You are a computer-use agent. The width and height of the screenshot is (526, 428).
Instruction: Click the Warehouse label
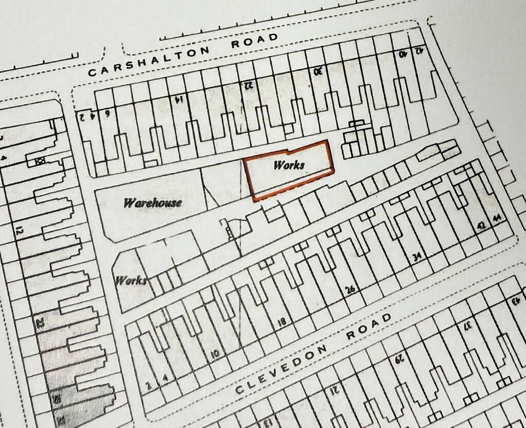(153, 203)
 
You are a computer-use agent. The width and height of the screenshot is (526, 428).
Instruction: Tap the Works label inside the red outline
(289, 165)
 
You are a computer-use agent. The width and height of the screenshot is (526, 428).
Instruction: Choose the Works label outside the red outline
(131, 281)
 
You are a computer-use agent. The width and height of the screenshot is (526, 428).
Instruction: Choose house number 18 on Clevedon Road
(281, 322)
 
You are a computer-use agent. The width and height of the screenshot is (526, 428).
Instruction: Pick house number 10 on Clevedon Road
(215, 353)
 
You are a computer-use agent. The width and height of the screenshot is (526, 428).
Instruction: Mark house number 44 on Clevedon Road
(496, 219)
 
